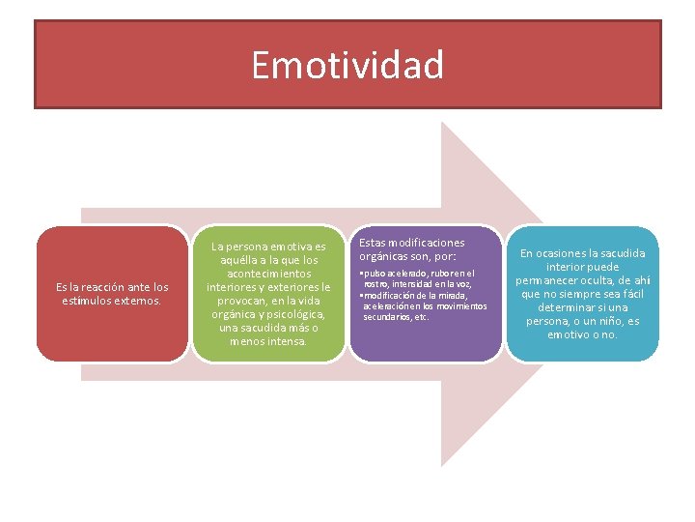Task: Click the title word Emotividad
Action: coord(347,66)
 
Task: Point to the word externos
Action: coord(137,301)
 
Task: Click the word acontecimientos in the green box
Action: coord(268,274)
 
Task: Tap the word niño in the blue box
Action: coord(608,321)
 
